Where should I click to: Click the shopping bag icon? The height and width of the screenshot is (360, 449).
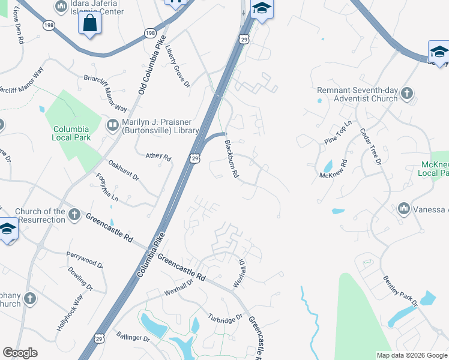click(x=89, y=23)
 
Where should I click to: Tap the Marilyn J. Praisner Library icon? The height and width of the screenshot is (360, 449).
click(x=112, y=125)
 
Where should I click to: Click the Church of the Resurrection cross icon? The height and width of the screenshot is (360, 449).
click(x=74, y=214)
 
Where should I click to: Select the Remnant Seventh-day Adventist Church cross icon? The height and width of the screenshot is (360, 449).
click(x=407, y=93)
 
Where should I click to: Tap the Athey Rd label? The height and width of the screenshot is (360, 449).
click(x=158, y=156)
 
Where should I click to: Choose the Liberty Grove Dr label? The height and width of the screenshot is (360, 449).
click(x=178, y=67)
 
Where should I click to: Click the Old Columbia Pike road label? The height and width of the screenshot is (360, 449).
click(x=151, y=64)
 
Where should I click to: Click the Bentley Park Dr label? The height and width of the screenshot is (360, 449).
click(x=400, y=291)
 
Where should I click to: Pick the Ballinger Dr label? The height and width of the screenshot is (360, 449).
click(x=133, y=337)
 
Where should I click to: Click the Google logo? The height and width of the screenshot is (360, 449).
click(x=20, y=353)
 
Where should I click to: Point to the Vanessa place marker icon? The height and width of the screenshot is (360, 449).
click(x=403, y=209)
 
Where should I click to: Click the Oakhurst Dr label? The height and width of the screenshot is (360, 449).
click(x=124, y=170)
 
